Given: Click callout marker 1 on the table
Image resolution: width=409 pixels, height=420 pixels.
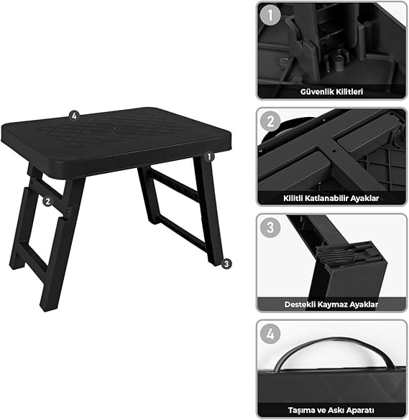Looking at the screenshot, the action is tap(209, 157).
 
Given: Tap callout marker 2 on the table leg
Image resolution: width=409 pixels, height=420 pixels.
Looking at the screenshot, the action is tap(47, 201).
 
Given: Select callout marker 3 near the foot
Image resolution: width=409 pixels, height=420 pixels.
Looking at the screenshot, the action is tap(226, 263).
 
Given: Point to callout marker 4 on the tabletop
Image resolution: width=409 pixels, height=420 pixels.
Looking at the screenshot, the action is tap(74, 116).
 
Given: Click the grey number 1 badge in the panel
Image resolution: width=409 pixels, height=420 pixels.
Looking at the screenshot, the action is tap(270, 15).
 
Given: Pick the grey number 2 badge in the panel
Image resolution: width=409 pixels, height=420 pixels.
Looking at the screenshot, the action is tap(270, 121).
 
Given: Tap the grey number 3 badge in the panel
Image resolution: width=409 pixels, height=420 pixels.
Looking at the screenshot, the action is tap(270, 228).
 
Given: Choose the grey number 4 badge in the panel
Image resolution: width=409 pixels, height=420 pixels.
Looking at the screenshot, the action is tap(270, 334).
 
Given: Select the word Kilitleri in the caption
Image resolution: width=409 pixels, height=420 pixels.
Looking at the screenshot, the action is tap(349, 92).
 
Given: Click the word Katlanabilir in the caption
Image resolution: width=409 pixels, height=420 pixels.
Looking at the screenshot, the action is tap(326, 198).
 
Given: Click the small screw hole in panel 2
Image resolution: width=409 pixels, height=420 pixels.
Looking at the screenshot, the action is tap(334, 151).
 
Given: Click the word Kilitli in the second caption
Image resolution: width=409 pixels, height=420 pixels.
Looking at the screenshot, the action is tap(293, 198).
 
